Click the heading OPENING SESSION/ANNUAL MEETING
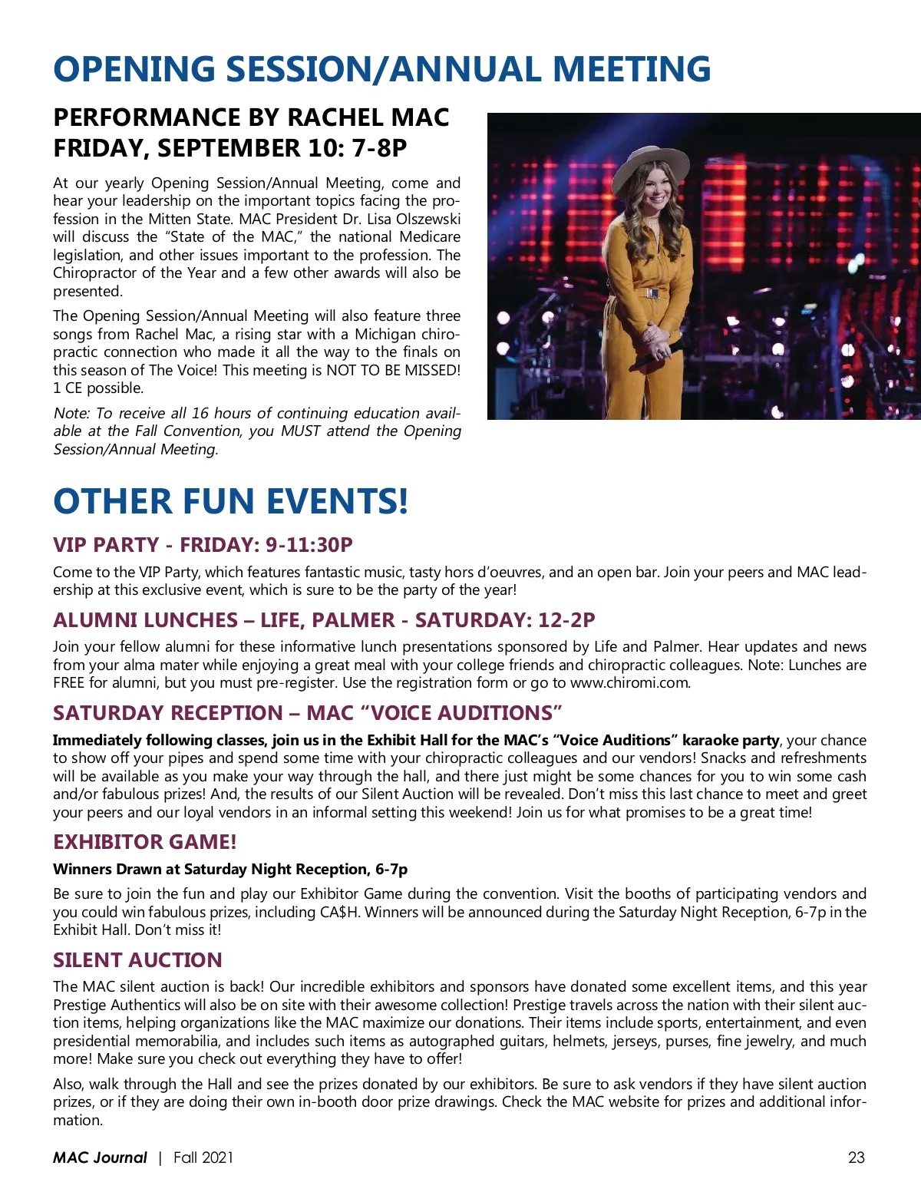(x=381, y=69)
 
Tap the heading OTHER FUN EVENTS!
(x=230, y=501)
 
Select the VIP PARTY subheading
(x=203, y=545)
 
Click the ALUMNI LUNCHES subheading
(x=324, y=620)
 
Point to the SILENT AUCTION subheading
(x=137, y=960)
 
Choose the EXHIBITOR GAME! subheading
(x=144, y=842)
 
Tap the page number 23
(x=857, y=1157)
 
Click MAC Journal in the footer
(x=100, y=1157)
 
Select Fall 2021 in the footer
(x=203, y=1157)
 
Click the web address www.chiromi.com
(x=629, y=683)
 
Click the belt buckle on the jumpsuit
(x=652, y=293)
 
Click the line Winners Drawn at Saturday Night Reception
(x=229, y=870)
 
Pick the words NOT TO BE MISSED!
(x=394, y=371)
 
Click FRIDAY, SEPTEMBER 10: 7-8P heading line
(x=229, y=147)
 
